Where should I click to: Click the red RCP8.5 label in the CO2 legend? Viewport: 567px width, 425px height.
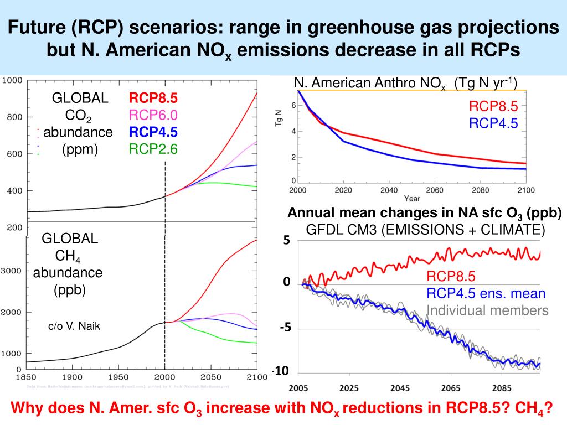153,99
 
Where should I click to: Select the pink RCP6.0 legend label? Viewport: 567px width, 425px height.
153,115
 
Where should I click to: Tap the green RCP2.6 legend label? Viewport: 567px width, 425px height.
153,148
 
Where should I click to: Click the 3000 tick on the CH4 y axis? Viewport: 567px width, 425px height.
12,271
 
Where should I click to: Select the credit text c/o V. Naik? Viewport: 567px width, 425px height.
75,326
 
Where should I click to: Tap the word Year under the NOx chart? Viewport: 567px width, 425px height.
411,198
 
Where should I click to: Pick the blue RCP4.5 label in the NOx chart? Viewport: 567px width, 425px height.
493,123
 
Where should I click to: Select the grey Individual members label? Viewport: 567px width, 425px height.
487,310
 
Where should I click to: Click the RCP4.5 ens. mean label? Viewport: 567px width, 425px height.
486,294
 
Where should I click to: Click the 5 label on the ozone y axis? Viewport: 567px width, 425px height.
287,241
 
